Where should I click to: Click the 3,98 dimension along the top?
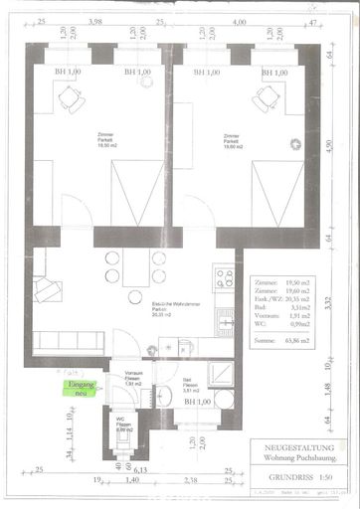[x=96, y=20]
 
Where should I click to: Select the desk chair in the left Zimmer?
[x=70, y=98]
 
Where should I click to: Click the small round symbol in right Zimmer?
[x=295, y=144]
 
